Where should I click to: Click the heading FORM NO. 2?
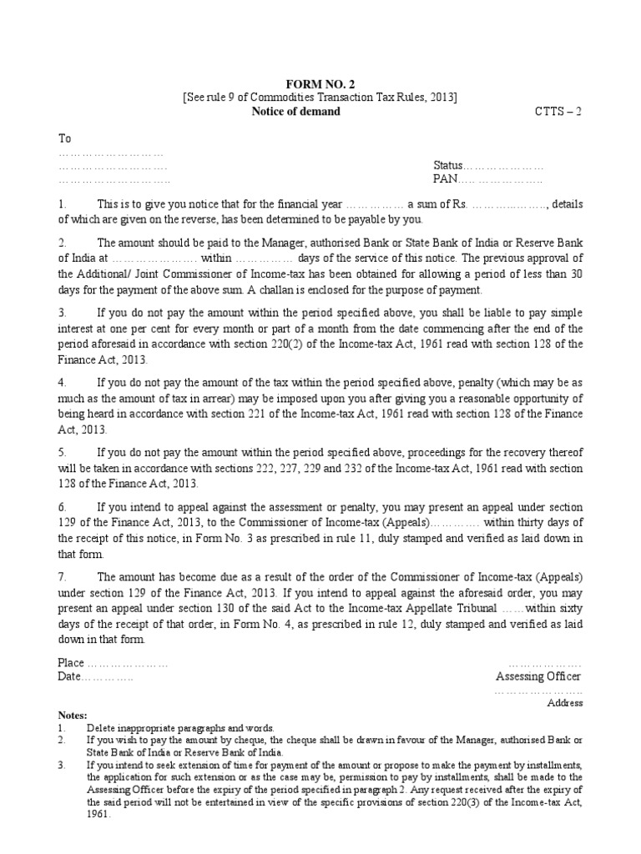320,83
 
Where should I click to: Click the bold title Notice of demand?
296,112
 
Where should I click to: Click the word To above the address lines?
63,138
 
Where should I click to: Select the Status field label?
447,166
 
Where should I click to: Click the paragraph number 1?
61,203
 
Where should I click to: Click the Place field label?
71,663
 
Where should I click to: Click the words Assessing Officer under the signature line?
538,676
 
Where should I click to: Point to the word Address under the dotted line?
564,703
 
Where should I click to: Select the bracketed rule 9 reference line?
320,98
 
